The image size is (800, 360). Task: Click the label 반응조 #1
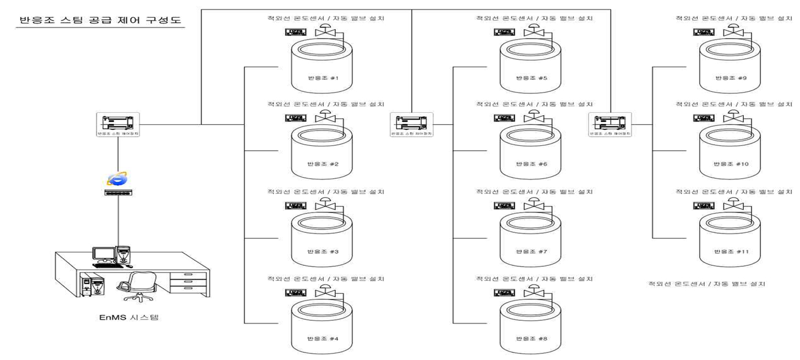[323, 78]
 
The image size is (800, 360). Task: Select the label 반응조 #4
[323, 338]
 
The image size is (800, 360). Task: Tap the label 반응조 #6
[531, 164]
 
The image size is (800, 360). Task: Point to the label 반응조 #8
[531, 338]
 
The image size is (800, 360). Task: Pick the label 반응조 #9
[731, 78]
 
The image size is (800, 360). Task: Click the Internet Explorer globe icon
[117, 178]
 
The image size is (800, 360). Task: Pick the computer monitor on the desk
[102, 254]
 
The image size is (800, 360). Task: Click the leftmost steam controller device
[118, 124]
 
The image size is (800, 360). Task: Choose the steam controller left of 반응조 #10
[609, 124]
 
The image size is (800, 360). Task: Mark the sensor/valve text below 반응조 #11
[707, 284]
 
